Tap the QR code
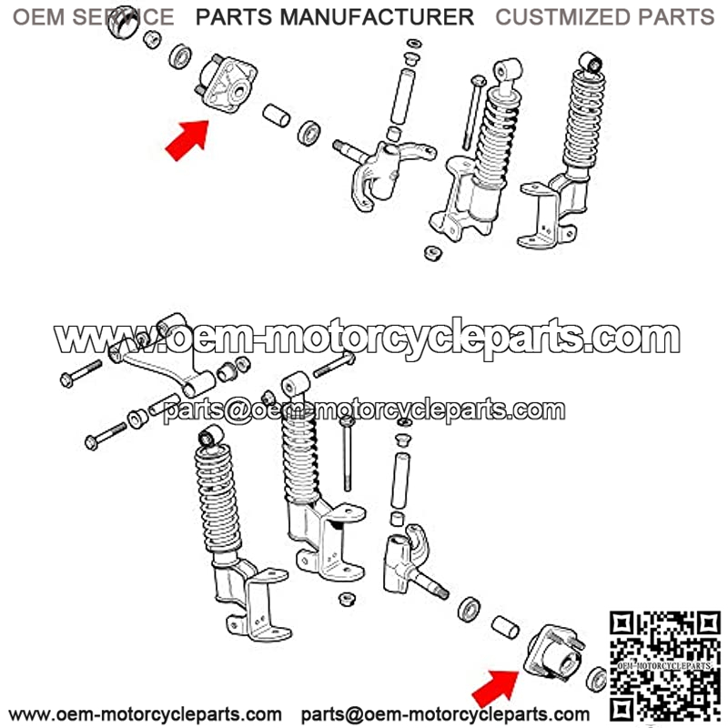[665, 666]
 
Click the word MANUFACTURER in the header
[377, 17]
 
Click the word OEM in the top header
[38, 17]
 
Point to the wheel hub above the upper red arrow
[227, 84]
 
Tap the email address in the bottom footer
[445, 713]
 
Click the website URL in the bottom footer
[146, 713]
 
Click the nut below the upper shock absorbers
[433, 253]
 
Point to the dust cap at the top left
[123, 22]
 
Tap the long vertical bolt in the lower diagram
[348, 452]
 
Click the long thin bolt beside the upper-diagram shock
[473, 113]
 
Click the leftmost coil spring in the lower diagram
[217, 498]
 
